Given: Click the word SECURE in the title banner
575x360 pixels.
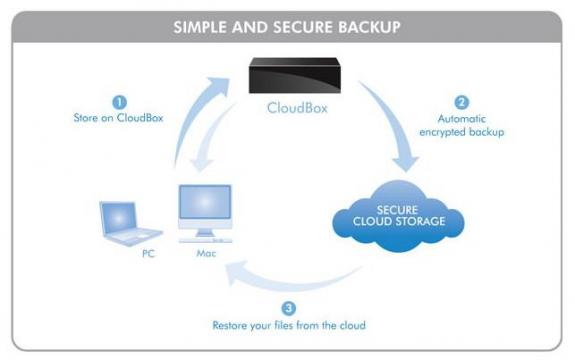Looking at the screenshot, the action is coord(303,27).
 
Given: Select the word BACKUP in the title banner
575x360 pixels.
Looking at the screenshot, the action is coord(369,27).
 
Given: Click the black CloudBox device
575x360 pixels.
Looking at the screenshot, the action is coord(294,75).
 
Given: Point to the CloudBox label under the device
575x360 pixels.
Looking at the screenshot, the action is coord(297,108).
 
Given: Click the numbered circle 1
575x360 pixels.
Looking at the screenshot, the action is coord(119,102).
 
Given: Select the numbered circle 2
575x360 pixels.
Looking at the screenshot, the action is coord(461,102).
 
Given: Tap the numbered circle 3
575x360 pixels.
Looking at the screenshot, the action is coord(289,308).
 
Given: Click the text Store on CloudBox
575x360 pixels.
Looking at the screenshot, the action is coord(118,118).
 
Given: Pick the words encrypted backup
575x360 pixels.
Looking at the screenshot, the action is coord(462,132).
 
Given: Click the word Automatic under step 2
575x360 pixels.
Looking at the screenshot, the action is coord(462,119).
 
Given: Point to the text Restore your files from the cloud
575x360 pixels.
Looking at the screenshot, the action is coord(289,325).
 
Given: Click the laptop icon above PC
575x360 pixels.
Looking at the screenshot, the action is coord(129,223).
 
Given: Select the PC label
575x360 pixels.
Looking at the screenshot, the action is coord(148,253).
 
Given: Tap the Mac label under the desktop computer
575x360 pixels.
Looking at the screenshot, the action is coord(206,253).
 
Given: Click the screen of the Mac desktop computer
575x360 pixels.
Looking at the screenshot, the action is coord(205,202).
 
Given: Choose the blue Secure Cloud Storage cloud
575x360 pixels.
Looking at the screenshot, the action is coord(398,216).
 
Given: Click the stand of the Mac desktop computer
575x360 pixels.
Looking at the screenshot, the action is coord(205,233).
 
